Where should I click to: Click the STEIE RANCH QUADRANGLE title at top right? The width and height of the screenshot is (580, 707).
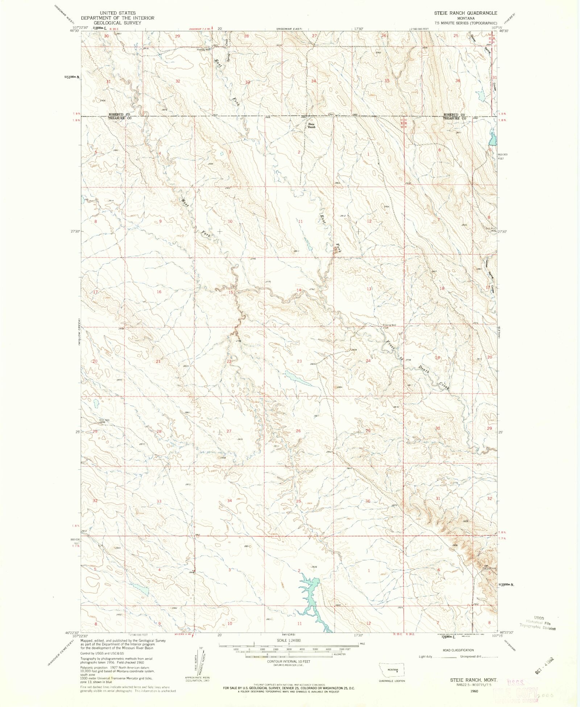coord(465,13)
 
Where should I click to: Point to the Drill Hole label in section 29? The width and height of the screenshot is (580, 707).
coord(104,420)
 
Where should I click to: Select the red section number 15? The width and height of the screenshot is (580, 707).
coord(231,292)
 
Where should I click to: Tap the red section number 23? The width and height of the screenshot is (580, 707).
coord(299,361)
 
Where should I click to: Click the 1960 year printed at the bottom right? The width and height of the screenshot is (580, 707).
coord(474,691)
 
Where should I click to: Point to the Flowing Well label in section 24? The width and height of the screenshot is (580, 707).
coord(390,325)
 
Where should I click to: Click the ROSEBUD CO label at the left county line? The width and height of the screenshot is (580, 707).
coord(119,114)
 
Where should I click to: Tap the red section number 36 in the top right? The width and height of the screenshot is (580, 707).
coord(457,81)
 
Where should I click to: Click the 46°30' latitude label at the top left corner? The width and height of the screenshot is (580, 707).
coord(74,31)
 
